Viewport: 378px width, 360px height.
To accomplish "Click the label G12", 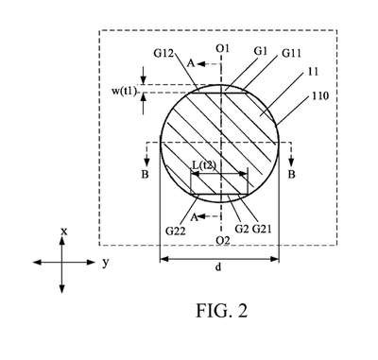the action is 163,53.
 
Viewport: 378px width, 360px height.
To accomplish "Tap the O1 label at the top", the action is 222,48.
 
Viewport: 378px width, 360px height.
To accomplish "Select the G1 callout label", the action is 261,51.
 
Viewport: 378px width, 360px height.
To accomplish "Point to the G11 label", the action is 291,54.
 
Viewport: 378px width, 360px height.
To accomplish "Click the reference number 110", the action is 320,95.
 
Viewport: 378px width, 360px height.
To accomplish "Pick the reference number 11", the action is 313,72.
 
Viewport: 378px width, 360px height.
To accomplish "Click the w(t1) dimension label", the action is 125,92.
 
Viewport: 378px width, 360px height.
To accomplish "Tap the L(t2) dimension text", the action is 204,165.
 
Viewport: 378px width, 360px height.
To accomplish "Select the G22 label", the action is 176,231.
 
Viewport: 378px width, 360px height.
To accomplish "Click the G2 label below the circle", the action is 242,229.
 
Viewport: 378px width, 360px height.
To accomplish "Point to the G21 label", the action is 262,229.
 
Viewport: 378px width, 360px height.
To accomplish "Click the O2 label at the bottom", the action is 223,241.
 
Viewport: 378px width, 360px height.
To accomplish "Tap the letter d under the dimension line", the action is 218,267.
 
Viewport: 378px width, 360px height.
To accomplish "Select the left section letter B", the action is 145,174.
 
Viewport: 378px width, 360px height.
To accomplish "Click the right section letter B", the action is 292,174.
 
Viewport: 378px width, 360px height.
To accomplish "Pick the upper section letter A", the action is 191,63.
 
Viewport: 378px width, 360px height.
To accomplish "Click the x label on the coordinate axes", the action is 64,231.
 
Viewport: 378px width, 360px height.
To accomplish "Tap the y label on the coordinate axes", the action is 106,262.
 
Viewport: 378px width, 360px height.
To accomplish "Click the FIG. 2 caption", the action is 222,311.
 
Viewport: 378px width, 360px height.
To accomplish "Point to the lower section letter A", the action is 195,217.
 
